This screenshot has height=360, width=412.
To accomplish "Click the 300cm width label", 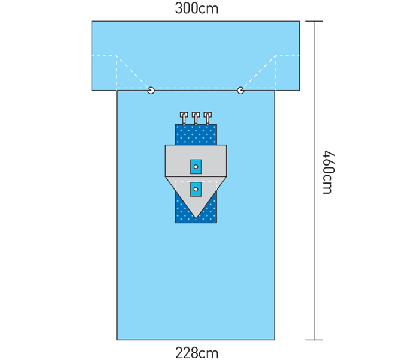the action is pos(197,8).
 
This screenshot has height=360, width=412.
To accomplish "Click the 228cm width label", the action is pos(197,353).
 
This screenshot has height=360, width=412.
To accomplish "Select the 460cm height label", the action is pos(329,172).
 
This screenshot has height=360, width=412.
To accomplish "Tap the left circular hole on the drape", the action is pos(151,91).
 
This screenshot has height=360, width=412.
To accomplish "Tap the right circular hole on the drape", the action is pos(240,91).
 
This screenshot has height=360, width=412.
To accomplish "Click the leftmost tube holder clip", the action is pos(184,118).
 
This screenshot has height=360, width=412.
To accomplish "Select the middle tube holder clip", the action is pos(196,118).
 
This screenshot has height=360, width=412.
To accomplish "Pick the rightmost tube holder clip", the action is pos(207,118).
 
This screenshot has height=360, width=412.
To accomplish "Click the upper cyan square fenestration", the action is pos(196,167).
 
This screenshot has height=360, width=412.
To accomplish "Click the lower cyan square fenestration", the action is pos(196,190).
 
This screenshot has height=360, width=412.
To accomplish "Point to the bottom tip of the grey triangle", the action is pos(196,219).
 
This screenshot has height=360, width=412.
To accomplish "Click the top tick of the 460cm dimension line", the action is pos(314,21).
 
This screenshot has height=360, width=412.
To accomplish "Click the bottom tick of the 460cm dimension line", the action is pos(314,340).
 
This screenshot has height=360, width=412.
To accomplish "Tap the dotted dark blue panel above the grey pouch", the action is pos(196,134).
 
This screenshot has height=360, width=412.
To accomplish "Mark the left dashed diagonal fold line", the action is pos(133,72).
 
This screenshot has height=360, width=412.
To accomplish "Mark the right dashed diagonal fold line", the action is pos(259,72).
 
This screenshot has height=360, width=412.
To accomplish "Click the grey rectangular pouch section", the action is pos(196,161).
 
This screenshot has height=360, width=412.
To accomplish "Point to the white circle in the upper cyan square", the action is pos(196,167).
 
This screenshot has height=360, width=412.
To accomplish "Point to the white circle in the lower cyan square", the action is pos(196,190).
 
